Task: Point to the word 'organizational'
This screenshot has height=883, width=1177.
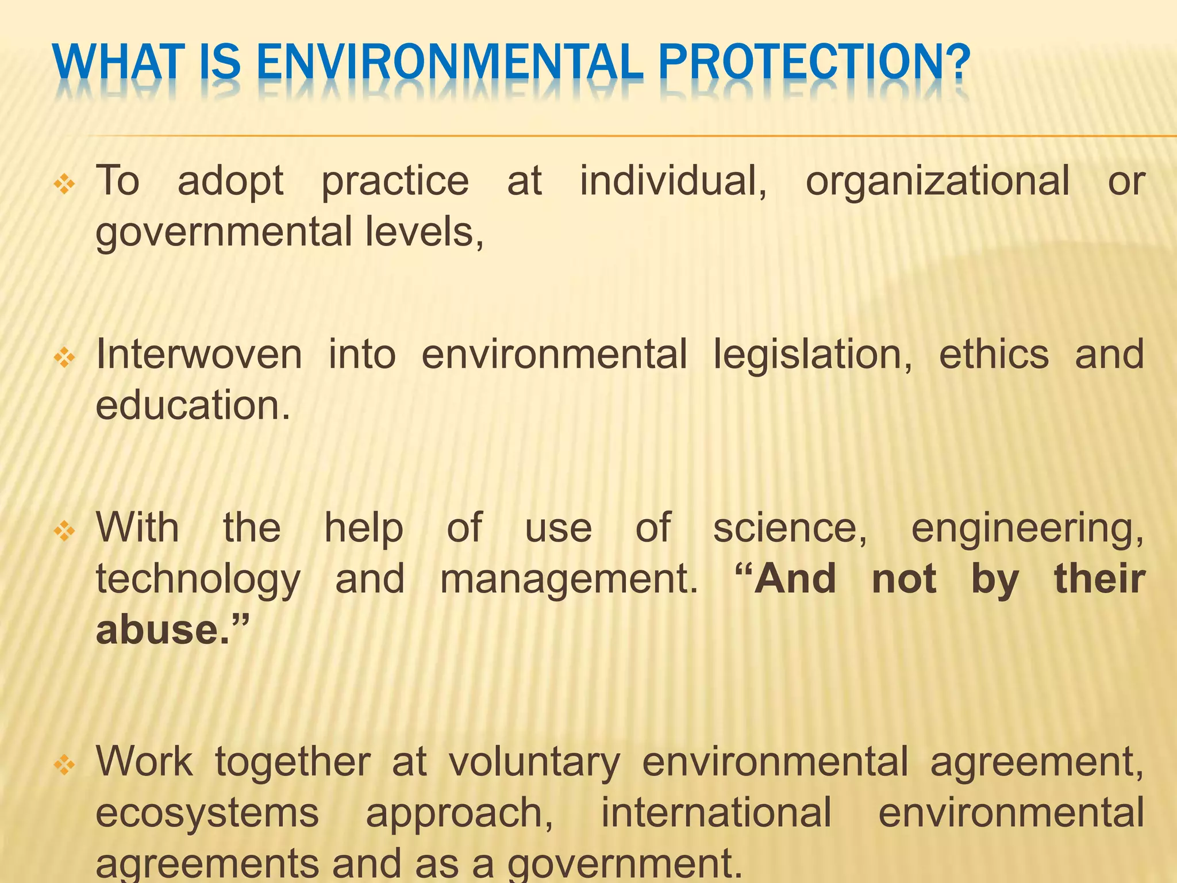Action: pyautogui.click(x=937, y=181)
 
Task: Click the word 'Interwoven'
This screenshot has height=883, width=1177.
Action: pyautogui.click(x=199, y=355)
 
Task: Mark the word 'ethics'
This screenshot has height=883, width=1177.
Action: pyautogui.click(x=994, y=355)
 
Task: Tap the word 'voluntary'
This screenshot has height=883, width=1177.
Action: pyautogui.click(x=534, y=762)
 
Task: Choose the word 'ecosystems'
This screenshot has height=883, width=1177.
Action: pyautogui.click(x=207, y=813)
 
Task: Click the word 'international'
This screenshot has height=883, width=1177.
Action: pyautogui.click(x=716, y=813)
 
